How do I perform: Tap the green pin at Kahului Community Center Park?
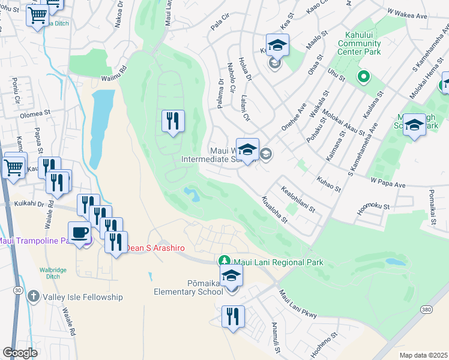363,77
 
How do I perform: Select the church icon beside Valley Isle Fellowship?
34,297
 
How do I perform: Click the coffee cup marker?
79,233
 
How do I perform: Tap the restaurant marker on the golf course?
173,122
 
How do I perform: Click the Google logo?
20,353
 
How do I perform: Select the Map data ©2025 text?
423,355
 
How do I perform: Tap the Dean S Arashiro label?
154,248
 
